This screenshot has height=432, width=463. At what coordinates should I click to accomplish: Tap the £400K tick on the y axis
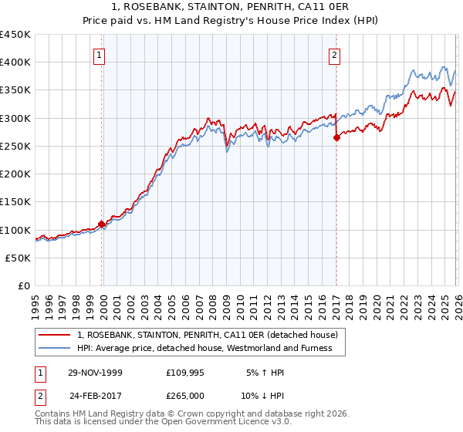click(x=15, y=62)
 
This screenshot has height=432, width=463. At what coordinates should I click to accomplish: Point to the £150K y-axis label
click(x=15, y=202)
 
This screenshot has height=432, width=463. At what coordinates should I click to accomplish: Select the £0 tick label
click(x=23, y=286)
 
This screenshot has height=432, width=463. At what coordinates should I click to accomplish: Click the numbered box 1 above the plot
click(x=101, y=55)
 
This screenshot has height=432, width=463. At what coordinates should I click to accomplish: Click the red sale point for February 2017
click(x=336, y=138)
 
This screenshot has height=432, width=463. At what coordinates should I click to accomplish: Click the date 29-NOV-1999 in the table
click(x=95, y=373)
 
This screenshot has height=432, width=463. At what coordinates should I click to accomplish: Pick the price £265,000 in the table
click(x=184, y=395)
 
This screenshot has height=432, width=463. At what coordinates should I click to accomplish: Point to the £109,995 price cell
click(x=184, y=373)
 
